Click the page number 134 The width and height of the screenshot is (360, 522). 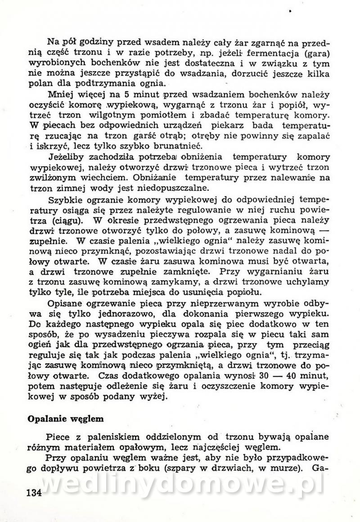pos(34,492)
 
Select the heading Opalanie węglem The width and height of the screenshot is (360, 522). pos(66,418)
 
